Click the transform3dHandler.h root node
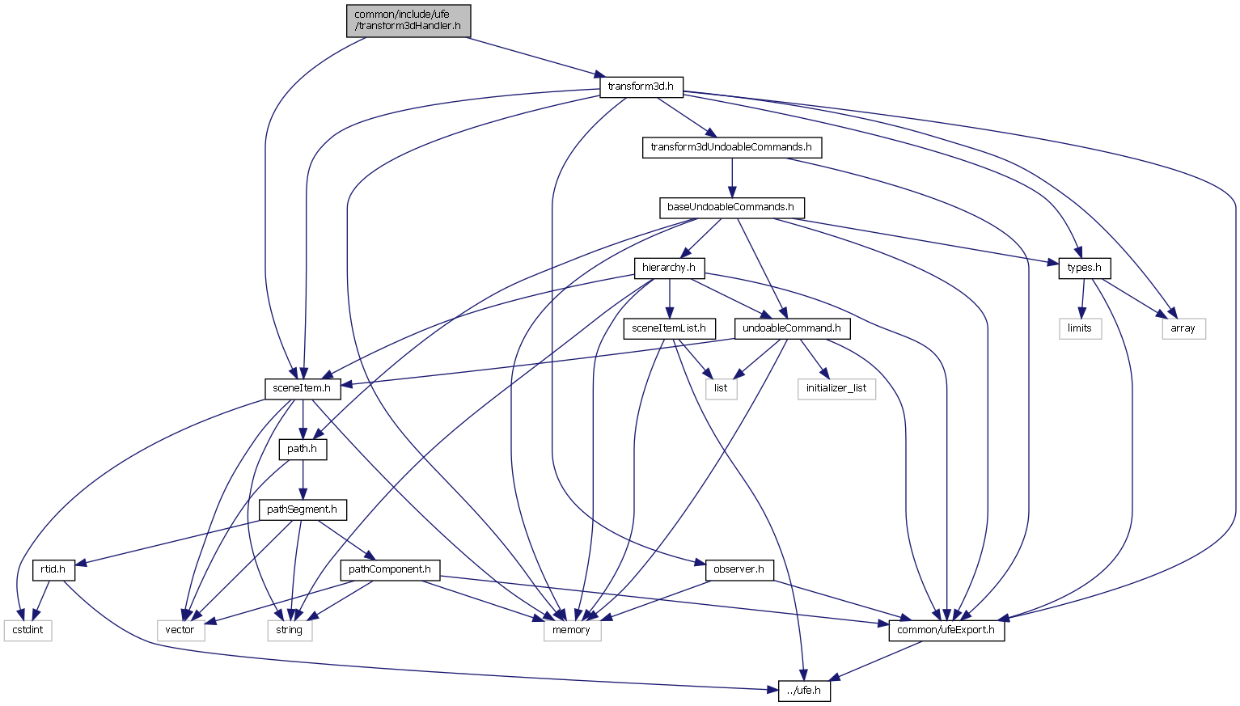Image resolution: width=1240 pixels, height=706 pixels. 408,20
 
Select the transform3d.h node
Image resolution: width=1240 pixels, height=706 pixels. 641,87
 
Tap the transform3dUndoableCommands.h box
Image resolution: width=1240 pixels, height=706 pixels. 731,147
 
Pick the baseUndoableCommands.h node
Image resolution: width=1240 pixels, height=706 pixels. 730,207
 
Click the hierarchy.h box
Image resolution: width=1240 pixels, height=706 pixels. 669,268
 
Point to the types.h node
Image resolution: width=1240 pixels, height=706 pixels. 1084,268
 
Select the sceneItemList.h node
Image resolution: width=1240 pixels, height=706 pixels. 669,328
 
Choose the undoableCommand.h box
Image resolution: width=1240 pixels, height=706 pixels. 792,328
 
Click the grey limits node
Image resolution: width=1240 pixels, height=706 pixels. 1080,328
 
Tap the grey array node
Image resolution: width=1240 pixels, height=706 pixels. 1183,328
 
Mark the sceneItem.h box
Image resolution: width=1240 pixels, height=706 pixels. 302,388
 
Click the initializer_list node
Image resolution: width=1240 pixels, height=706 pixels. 836,388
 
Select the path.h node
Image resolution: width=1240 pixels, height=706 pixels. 302,449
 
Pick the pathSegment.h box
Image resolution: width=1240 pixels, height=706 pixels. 302,509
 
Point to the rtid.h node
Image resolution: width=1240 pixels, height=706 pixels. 53,569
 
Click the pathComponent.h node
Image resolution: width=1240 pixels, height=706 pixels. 390,569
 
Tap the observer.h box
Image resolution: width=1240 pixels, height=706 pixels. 739,569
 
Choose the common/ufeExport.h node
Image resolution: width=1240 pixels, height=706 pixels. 946,630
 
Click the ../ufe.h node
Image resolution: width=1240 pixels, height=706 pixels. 804,691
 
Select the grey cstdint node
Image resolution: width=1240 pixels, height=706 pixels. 28,630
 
